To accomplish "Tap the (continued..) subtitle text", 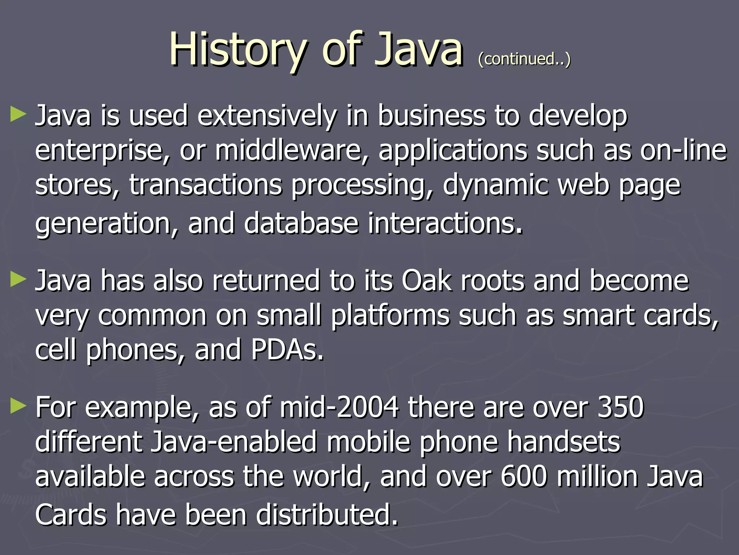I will pos(524,59).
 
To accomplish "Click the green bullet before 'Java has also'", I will pos(18,279).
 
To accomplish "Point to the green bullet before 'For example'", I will pos(18,406).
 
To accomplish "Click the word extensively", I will pos(267,116).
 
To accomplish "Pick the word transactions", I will pos(205,185).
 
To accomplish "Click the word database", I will pos(301,223).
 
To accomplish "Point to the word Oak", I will pos(426,281).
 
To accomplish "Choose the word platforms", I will pos(390,315).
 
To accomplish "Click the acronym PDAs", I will pos(287,350).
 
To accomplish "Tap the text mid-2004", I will pos(339,407).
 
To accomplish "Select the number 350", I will pos(621,407).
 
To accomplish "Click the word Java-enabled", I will pos(234,442).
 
